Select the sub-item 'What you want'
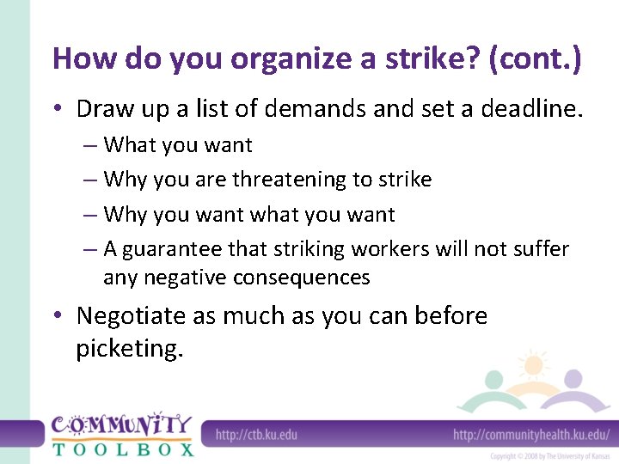point(177,145)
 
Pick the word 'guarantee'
point(173,249)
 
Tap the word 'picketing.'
point(130,350)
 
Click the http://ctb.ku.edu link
point(256,434)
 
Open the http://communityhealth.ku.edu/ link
point(531,434)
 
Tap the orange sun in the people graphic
point(534,364)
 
